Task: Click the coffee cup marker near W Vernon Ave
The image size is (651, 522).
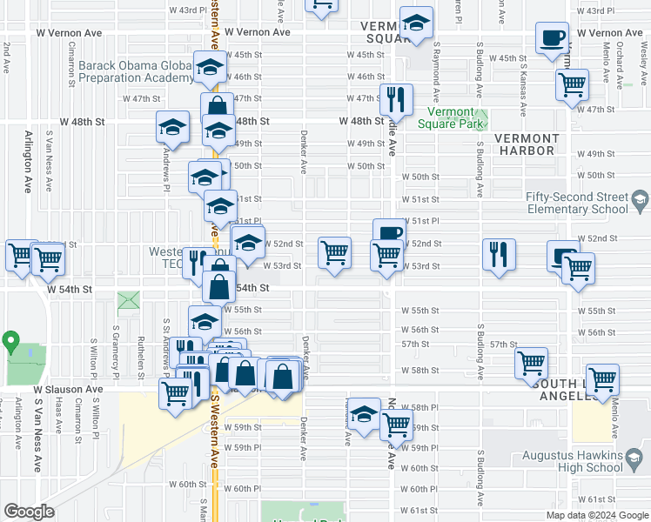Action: (x=553, y=39)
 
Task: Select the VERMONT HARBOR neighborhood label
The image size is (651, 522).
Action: (x=527, y=145)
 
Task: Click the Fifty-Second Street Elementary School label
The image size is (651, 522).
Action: (x=577, y=203)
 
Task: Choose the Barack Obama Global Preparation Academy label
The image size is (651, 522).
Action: (x=135, y=71)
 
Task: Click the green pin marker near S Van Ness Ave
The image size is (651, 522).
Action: (x=10, y=340)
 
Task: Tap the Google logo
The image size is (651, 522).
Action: (x=29, y=512)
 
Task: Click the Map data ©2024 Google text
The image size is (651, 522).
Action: (x=596, y=515)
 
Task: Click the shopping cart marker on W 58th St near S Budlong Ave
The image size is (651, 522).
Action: (x=531, y=363)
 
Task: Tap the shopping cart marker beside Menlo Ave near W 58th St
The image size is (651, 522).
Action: (x=602, y=379)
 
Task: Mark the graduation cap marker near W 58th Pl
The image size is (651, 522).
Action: (x=365, y=414)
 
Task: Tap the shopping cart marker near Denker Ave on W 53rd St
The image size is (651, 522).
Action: (x=334, y=253)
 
